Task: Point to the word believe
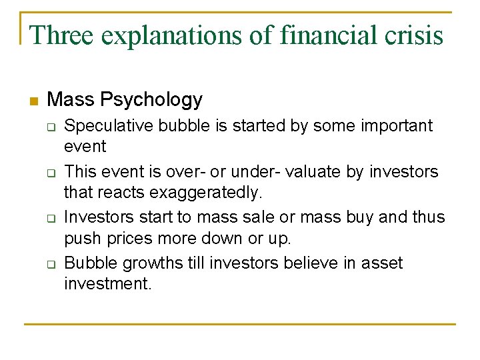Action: click(x=306, y=263)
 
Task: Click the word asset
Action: click(x=382, y=263)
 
